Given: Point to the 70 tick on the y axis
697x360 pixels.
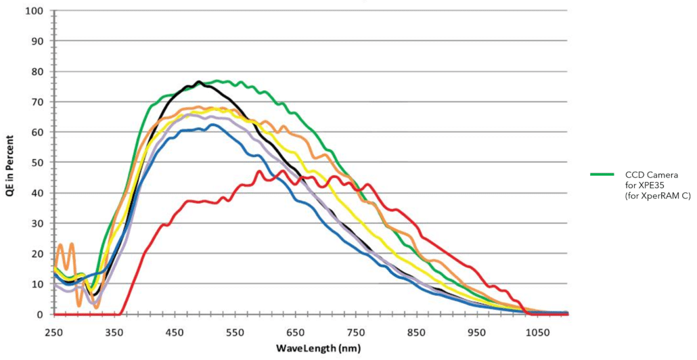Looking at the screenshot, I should (37, 102).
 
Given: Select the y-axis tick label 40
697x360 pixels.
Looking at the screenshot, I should (37, 193).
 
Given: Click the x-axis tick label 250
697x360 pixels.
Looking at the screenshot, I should (53, 333).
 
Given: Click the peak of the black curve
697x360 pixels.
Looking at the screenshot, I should (198, 82).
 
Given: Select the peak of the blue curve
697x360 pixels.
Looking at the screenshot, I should (212, 125).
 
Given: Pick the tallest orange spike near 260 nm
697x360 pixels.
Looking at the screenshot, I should (60, 244).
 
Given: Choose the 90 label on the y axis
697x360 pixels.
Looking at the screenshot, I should (37, 41).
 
